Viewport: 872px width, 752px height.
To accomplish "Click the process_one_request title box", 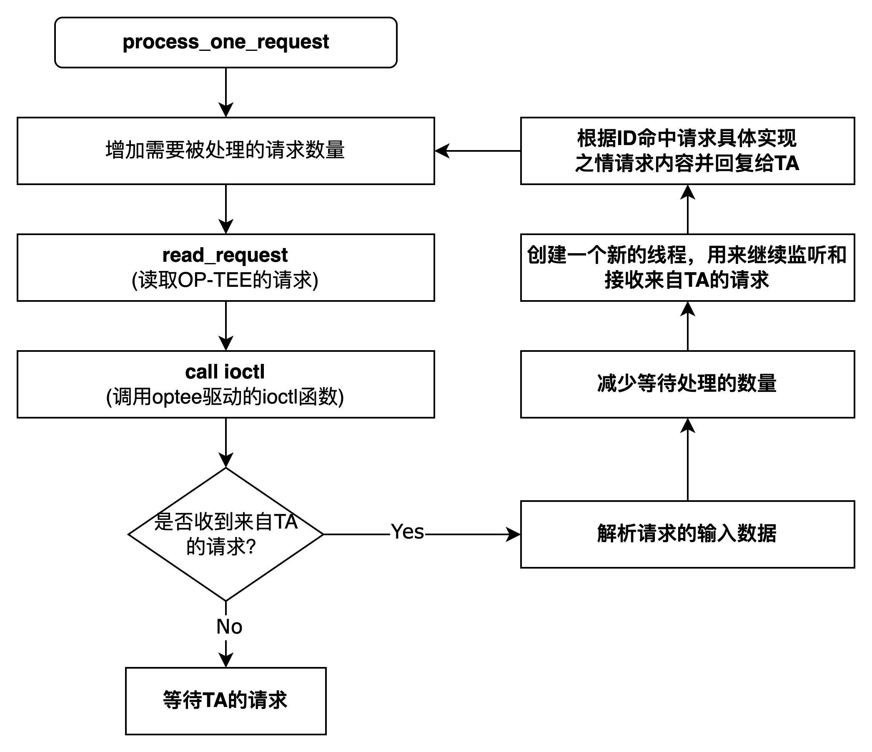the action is (x=226, y=42).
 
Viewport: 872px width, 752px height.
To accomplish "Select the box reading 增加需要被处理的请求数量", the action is (x=226, y=150).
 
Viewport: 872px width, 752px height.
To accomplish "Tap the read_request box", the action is (x=226, y=267).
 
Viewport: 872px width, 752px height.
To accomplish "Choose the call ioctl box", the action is (x=226, y=384).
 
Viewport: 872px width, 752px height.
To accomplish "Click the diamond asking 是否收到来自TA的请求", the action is (x=226, y=534).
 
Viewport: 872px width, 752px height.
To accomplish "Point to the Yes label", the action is (x=407, y=532).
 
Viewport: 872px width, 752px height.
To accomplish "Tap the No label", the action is (x=229, y=627).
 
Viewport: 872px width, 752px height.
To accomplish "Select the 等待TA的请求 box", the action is (x=226, y=701).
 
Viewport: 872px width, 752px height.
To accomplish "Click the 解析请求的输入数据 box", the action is (x=687, y=534).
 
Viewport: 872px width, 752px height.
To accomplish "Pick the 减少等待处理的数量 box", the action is (x=687, y=384).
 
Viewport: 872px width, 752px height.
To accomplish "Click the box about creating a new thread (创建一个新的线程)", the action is (x=687, y=267).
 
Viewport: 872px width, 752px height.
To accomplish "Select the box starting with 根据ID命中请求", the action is (x=687, y=150).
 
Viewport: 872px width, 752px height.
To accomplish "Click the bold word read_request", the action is (x=225, y=256).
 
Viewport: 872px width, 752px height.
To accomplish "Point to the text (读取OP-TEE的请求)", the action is (x=225, y=280).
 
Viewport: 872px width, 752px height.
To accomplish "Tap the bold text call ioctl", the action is (x=225, y=372).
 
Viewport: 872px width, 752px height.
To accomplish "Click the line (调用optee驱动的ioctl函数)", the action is (x=225, y=397).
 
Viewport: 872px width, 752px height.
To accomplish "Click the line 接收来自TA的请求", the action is (x=687, y=280).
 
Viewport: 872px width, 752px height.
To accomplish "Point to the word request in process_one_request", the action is (x=293, y=42).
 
